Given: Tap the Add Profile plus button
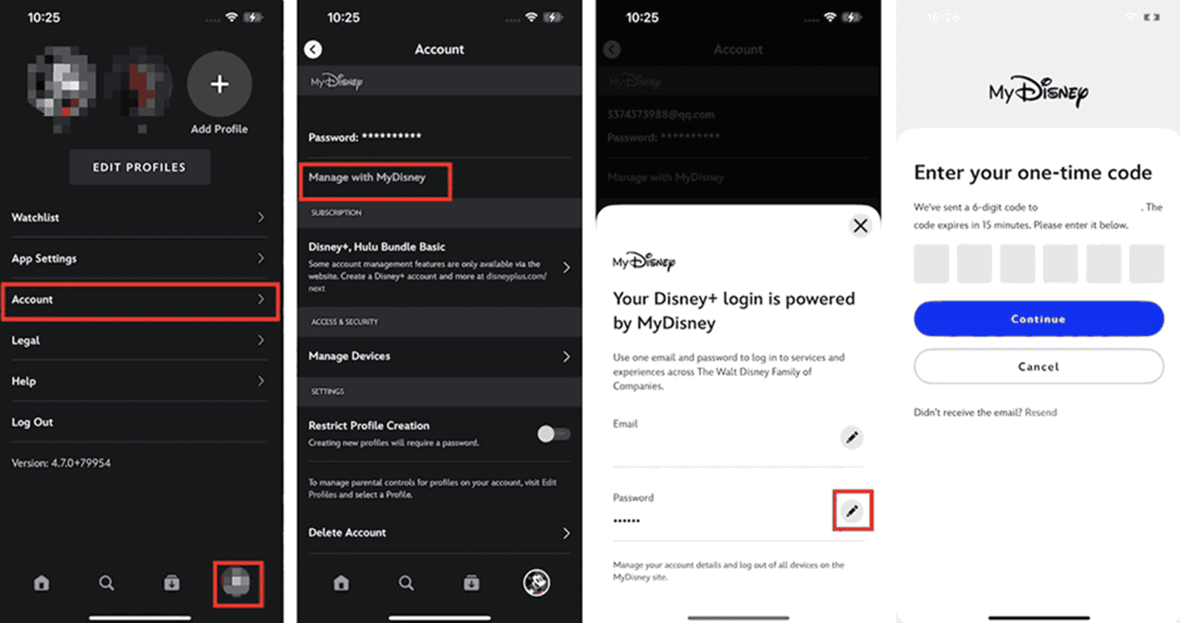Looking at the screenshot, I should pyautogui.click(x=219, y=85).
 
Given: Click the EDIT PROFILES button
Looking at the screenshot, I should pyautogui.click(x=139, y=167).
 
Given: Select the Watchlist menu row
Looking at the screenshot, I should pyautogui.click(x=138, y=217).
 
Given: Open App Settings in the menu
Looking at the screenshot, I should pyautogui.click(x=138, y=259).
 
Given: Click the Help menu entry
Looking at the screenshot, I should pyautogui.click(x=138, y=381).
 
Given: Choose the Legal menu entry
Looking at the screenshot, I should pyautogui.click(x=138, y=340).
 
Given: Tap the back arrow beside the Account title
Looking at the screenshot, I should pyautogui.click(x=313, y=49).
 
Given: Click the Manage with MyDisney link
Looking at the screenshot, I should pyautogui.click(x=367, y=177).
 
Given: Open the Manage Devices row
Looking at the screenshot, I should pyautogui.click(x=439, y=356).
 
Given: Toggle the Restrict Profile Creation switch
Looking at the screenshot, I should pyautogui.click(x=554, y=434).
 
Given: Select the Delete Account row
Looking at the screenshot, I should pyautogui.click(x=439, y=532).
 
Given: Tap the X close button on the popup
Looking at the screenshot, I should pyautogui.click(x=861, y=226).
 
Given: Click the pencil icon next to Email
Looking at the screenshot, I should pyautogui.click(x=852, y=437).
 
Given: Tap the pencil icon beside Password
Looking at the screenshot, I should pyautogui.click(x=852, y=511).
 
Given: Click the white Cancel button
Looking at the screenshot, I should pyautogui.click(x=1038, y=366).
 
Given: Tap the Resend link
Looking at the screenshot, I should pyautogui.click(x=1041, y=412).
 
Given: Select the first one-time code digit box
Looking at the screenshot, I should pyautogui.click(x=931, y=264).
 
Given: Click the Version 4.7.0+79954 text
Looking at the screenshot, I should pyautogui.click(x=61, y=463).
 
